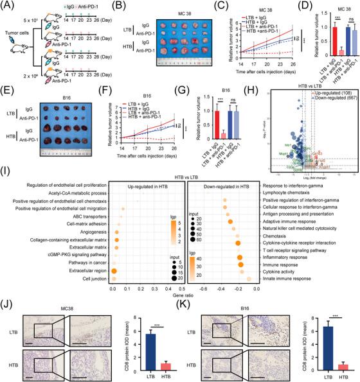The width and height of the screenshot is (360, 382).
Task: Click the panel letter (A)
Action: (9, 5)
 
